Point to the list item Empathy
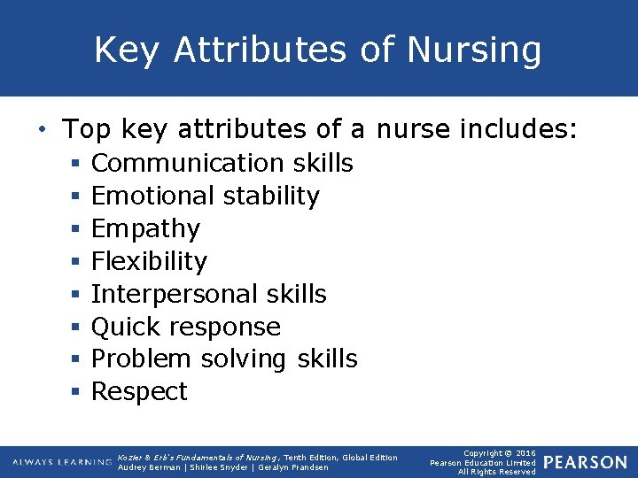click(x=145, y=229)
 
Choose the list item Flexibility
click(x=149, y=261)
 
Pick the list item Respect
click(x=139, y=392)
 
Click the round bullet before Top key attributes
click(x=43, y=131)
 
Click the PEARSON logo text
click(x=585, y=463)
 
